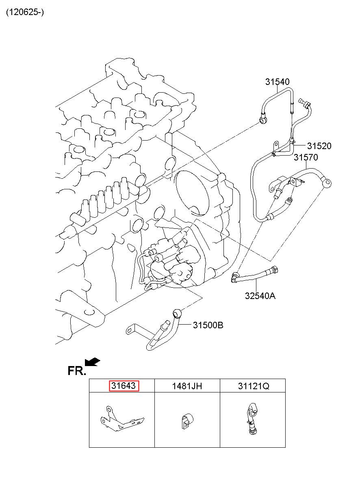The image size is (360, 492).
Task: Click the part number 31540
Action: click(x=277, y=82)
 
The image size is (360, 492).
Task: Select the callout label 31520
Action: click(x=319, y=146)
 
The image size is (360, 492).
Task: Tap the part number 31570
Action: click(x=306, y=157)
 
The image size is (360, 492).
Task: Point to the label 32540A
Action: click(x=260, y=296)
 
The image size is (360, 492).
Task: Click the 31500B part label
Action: click(x=208, y=325)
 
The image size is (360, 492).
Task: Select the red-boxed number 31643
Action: click(x=124, y=386)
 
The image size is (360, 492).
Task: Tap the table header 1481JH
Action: click(x=187, y=386)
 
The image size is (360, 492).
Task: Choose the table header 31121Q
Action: click(x=254, y=386)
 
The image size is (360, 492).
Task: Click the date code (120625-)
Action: click(x=25, y=12)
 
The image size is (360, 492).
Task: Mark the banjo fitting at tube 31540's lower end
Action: click(x=263, y=119)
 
